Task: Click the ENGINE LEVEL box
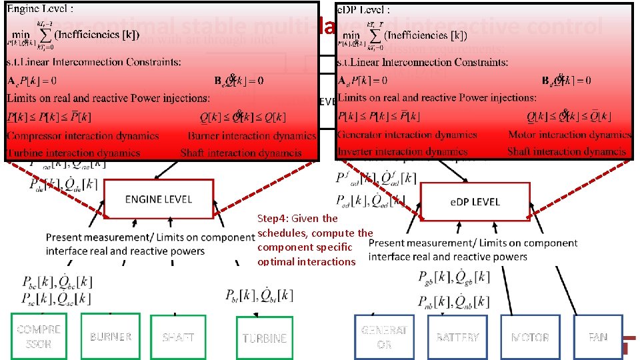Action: (159, 199)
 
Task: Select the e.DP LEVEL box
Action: (474, 201)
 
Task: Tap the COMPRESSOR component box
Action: (39, 337)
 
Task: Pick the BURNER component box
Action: (111, 337)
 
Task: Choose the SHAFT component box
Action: (178, 337)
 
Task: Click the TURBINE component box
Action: (265, 338)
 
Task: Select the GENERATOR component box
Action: (384, 337)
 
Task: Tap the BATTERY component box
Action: (457, 337)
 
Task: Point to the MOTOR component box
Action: (530, 337)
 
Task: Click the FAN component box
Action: (598, 337)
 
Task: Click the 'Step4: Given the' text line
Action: (297, 218)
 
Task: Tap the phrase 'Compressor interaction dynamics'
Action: (83, 135)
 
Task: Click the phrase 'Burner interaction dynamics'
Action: (252, 135)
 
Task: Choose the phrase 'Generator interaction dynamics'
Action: (407, 135)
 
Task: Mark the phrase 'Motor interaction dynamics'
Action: (569, 135)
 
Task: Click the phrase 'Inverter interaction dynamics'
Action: (403, 152)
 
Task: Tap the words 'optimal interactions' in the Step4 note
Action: (307, 261)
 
